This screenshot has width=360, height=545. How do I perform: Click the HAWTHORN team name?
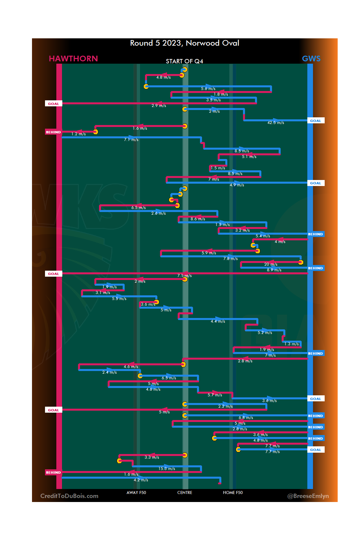click(73, 59)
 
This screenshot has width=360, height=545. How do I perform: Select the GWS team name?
click(311, 59)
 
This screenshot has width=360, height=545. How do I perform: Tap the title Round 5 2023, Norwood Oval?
click(184, 43)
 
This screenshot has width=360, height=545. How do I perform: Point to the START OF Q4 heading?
click(184, 61)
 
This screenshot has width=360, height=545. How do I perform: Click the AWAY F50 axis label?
click(136, 493)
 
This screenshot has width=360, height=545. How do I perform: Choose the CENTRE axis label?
click(185, 493)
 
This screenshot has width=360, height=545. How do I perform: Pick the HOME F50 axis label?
click(233, 493)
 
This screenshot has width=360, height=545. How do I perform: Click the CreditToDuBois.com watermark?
click(69, 496)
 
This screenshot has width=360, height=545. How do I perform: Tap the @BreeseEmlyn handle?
click(308, 496)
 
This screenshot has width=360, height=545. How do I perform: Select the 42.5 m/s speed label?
click(276, 123)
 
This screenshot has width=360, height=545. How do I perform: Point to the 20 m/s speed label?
click(271, 264)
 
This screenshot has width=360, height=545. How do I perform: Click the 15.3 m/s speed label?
click(167, 469)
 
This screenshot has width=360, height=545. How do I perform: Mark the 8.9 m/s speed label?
click(274, 270)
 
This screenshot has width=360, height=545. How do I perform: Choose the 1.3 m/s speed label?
click(291, 344)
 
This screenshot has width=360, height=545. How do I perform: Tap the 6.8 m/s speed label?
click(246, 418)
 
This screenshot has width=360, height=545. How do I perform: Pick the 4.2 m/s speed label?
click(141, 480)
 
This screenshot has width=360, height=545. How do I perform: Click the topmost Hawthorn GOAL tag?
click(53, 104)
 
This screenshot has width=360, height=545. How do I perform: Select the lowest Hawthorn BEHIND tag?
click(53, 472)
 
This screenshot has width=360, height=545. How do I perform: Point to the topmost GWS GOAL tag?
click(315, 121)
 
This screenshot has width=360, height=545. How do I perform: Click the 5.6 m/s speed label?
click(208, 89)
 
